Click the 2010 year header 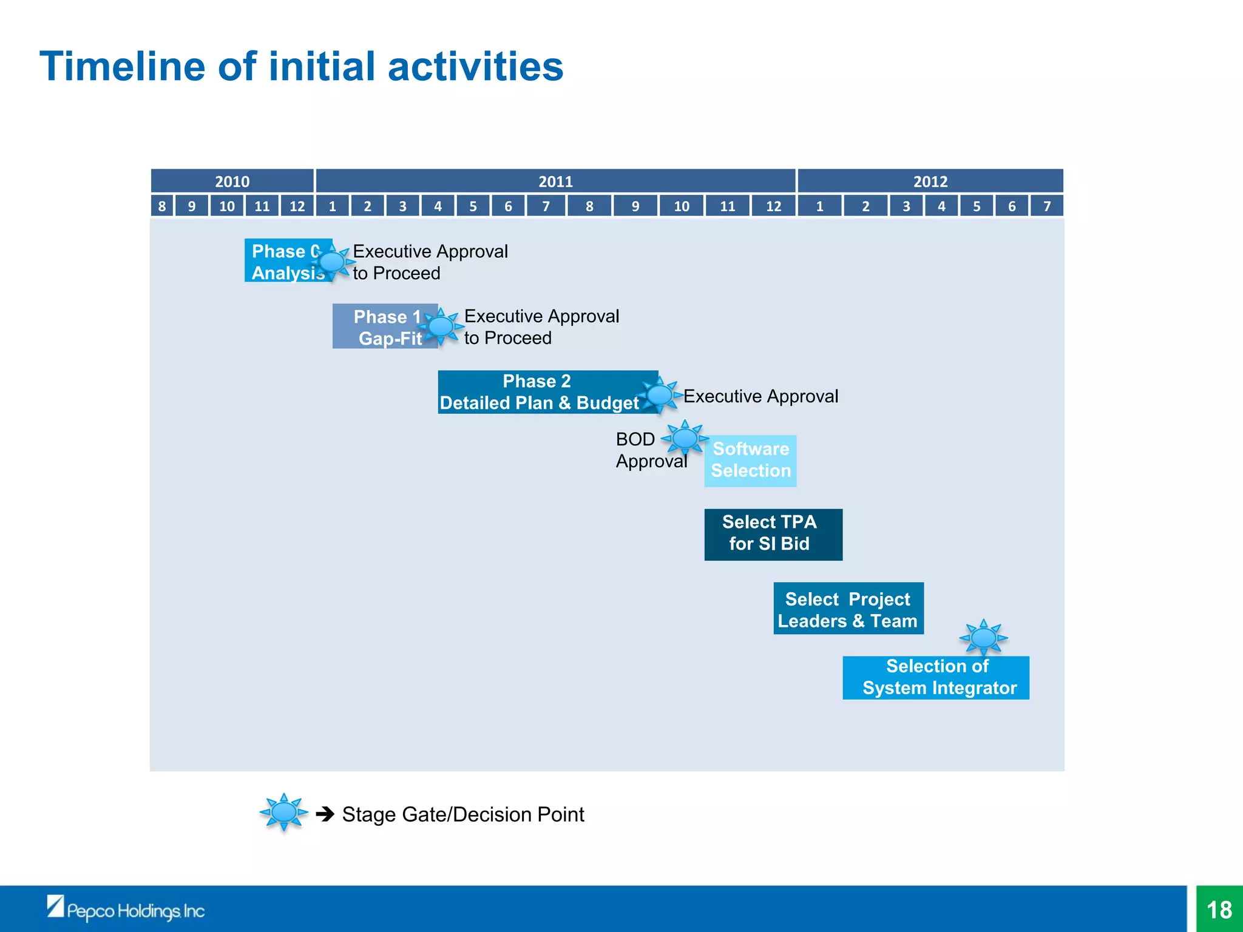pos(232,181)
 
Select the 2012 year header pos(930,181)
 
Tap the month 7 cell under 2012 pos(1047,206)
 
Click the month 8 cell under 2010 pos(162,206)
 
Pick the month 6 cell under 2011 pos(508,206)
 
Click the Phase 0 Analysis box pos(283,261)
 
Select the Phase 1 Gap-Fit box pos(382,327)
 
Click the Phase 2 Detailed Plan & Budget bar pos(537,392)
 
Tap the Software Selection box pos(751,461)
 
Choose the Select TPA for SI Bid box pos(773,534)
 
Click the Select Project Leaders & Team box pos(848,609)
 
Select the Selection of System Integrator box pos(935,678)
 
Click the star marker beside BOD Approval pos(685,438)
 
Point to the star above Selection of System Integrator pos(983,638)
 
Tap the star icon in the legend pos(283,812)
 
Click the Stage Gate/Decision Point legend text pos(462,814)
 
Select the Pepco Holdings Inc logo pos(126,909)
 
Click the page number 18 pos(1219,910)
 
